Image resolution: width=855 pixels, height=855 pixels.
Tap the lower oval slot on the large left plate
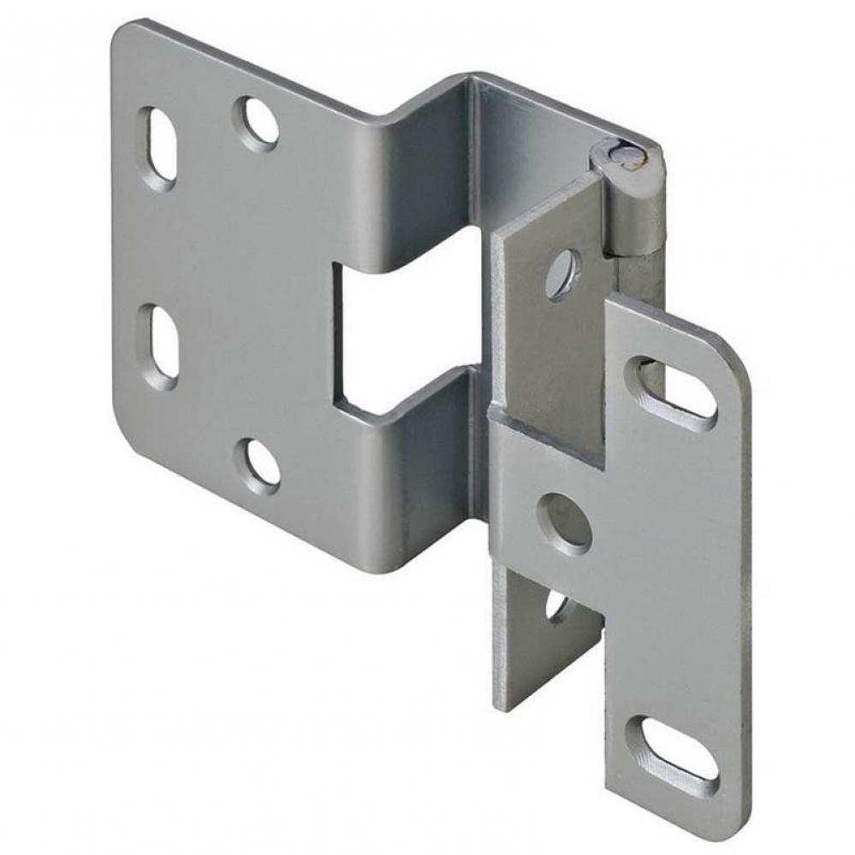(160, 346)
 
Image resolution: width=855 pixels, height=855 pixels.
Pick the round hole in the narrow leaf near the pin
(561, 274)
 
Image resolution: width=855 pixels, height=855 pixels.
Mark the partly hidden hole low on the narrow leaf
(556, 605)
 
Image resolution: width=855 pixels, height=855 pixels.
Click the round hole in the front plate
(564, 522)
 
